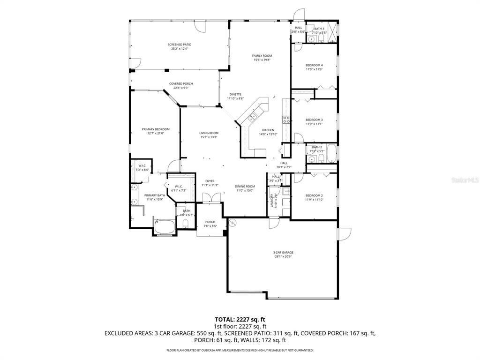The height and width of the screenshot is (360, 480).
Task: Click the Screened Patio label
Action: pos(180,45)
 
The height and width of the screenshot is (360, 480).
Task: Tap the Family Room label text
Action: pos(262,56)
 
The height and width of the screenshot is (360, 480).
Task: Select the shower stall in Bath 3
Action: pos(332,32)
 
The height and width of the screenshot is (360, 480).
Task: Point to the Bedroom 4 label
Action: pos(314,65)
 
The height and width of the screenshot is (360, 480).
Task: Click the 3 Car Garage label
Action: pos(283,253)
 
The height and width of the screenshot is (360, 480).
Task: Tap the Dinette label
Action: pos(235,94)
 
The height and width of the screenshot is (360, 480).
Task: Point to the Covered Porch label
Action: pos(181,84)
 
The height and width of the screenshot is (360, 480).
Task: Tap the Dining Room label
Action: pos(245,186)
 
